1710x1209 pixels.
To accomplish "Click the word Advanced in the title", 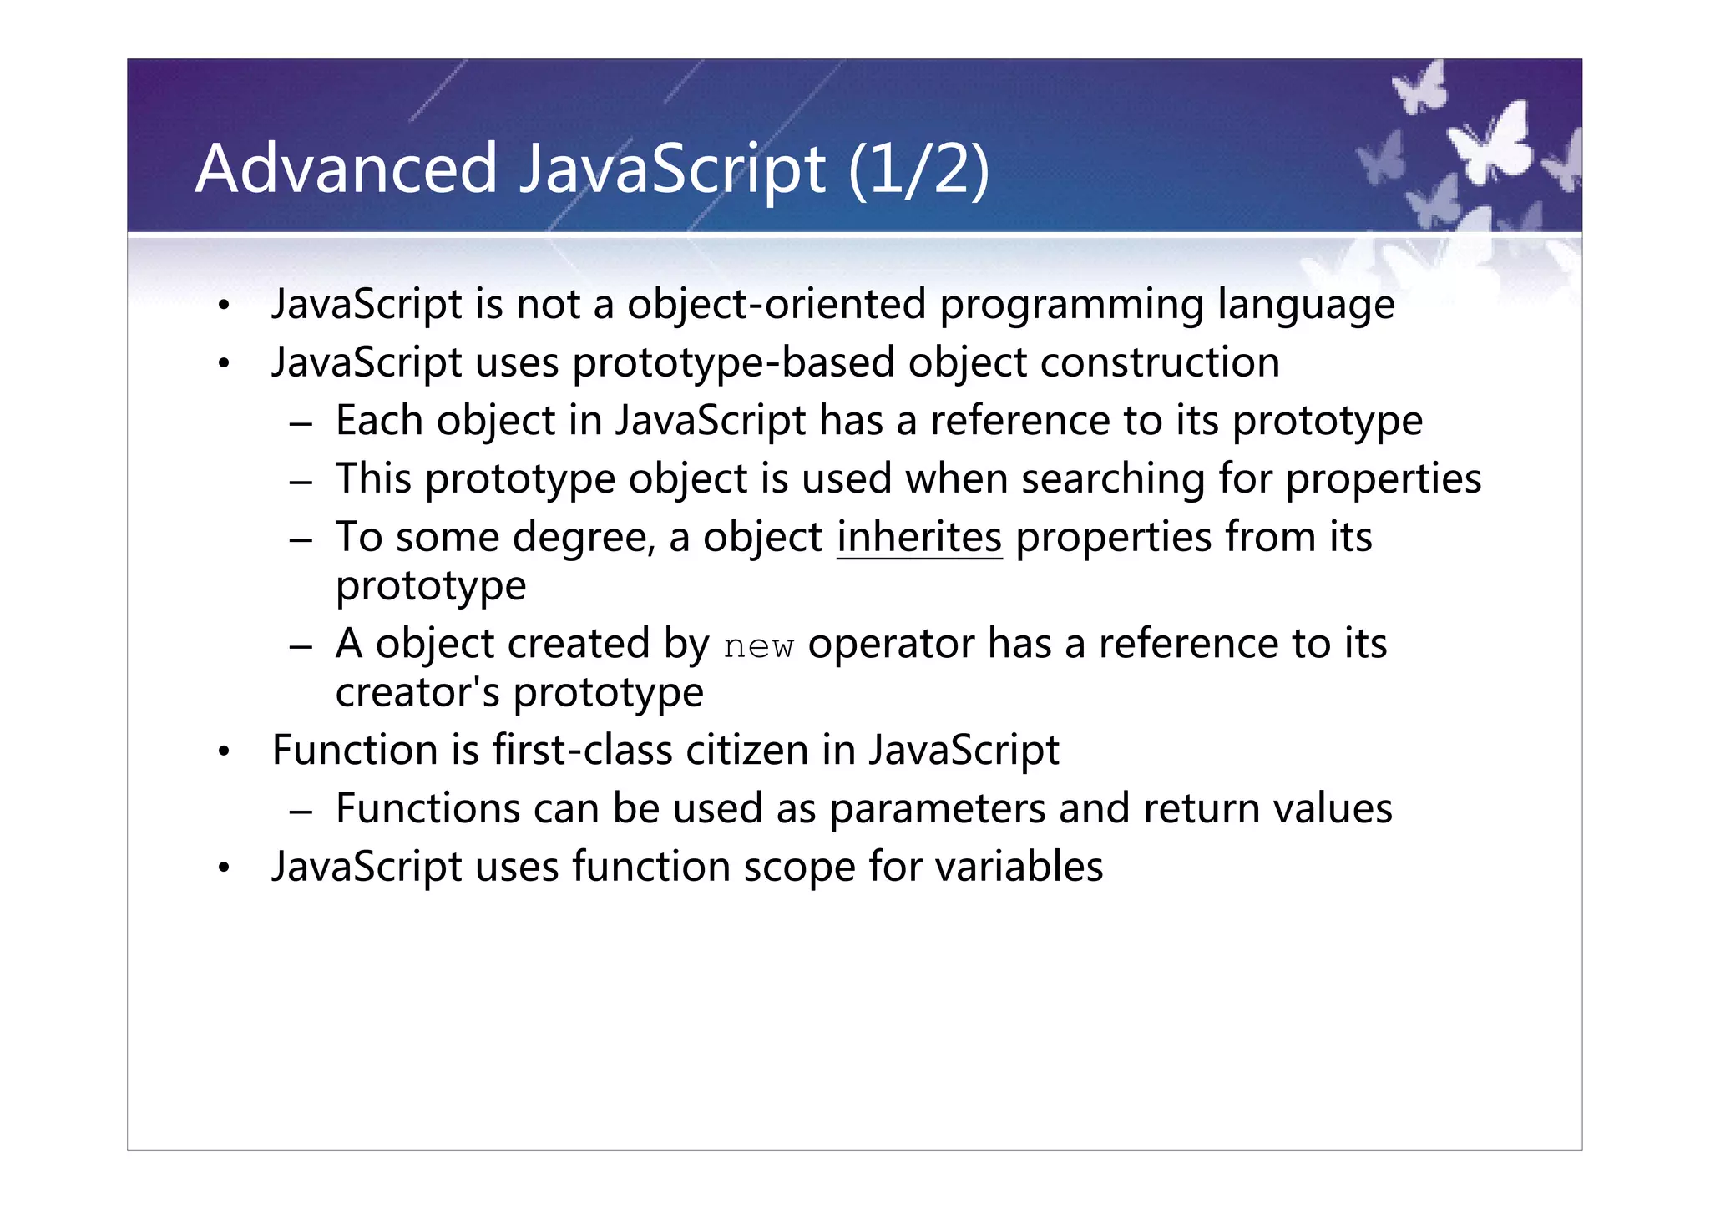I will click(346, 169).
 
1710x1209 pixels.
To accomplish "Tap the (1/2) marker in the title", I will click(918, 170).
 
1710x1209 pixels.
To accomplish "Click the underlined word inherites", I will click(918, 537).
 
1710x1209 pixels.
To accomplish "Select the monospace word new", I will click(758, 646).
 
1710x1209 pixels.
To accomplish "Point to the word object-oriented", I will click(777, 304).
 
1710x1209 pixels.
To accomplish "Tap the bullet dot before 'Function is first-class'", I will click(223, 752).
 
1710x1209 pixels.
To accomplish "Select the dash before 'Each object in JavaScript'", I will click(301, 424).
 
